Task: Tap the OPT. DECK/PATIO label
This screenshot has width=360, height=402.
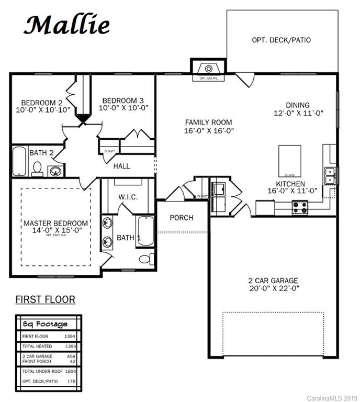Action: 281,40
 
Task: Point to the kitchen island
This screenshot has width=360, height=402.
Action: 289,161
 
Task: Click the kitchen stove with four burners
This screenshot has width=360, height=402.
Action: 300,208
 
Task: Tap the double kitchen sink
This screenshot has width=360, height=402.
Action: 330,176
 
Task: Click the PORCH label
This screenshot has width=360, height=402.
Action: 182,217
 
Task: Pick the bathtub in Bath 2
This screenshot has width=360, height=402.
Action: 19,161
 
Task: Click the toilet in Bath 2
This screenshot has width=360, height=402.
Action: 37,168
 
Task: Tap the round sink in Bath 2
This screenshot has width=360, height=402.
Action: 55,170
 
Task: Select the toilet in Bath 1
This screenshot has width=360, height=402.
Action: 146,259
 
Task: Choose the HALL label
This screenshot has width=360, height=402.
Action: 122,166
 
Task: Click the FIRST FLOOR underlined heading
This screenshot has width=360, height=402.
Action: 45,299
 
